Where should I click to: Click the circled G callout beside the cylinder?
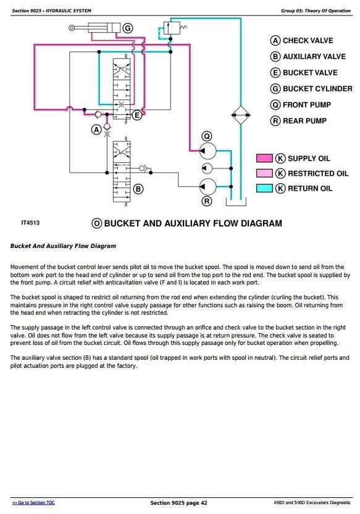click(128, 28)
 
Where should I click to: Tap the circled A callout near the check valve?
click(96, 130)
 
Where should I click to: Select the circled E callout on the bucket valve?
click(137, 115)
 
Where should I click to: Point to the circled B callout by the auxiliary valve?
click(138, 189)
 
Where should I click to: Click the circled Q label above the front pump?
click(207, 136)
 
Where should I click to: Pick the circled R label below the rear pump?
click(207, 201)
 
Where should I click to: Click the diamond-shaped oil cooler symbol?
click(241, 115)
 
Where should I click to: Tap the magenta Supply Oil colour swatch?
click(264, 159)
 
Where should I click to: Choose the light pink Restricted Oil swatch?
click(264, 173)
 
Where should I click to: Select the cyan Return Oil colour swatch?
click(264, 188)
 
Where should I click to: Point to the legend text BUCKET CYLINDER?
click(317, 89)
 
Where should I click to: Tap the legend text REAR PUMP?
click(304, 121)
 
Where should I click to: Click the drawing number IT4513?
click(30, 223)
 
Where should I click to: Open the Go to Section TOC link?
click(33, 502)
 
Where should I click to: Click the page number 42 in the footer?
click(204, 503)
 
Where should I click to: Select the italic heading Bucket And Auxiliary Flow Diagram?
click(63, 246)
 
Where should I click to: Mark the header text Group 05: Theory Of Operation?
click(316, 11)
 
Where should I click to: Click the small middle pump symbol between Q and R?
click(207, 168)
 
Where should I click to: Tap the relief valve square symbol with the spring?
click(172, 28)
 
